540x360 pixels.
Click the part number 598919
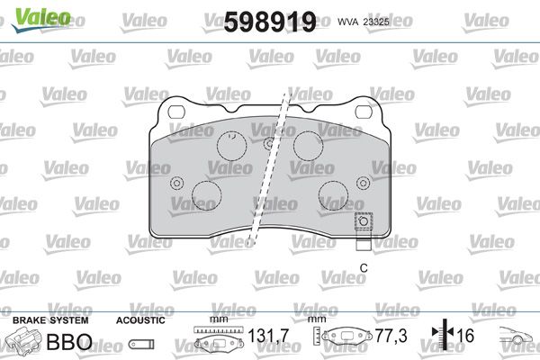270,22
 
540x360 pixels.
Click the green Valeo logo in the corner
41,20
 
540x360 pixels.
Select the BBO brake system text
69,341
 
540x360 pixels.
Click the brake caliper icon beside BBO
23,340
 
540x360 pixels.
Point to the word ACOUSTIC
140,320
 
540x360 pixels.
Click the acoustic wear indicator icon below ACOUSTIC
141,344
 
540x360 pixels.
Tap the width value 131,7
268,336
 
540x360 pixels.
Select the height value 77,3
391,336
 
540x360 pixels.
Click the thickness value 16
465,336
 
